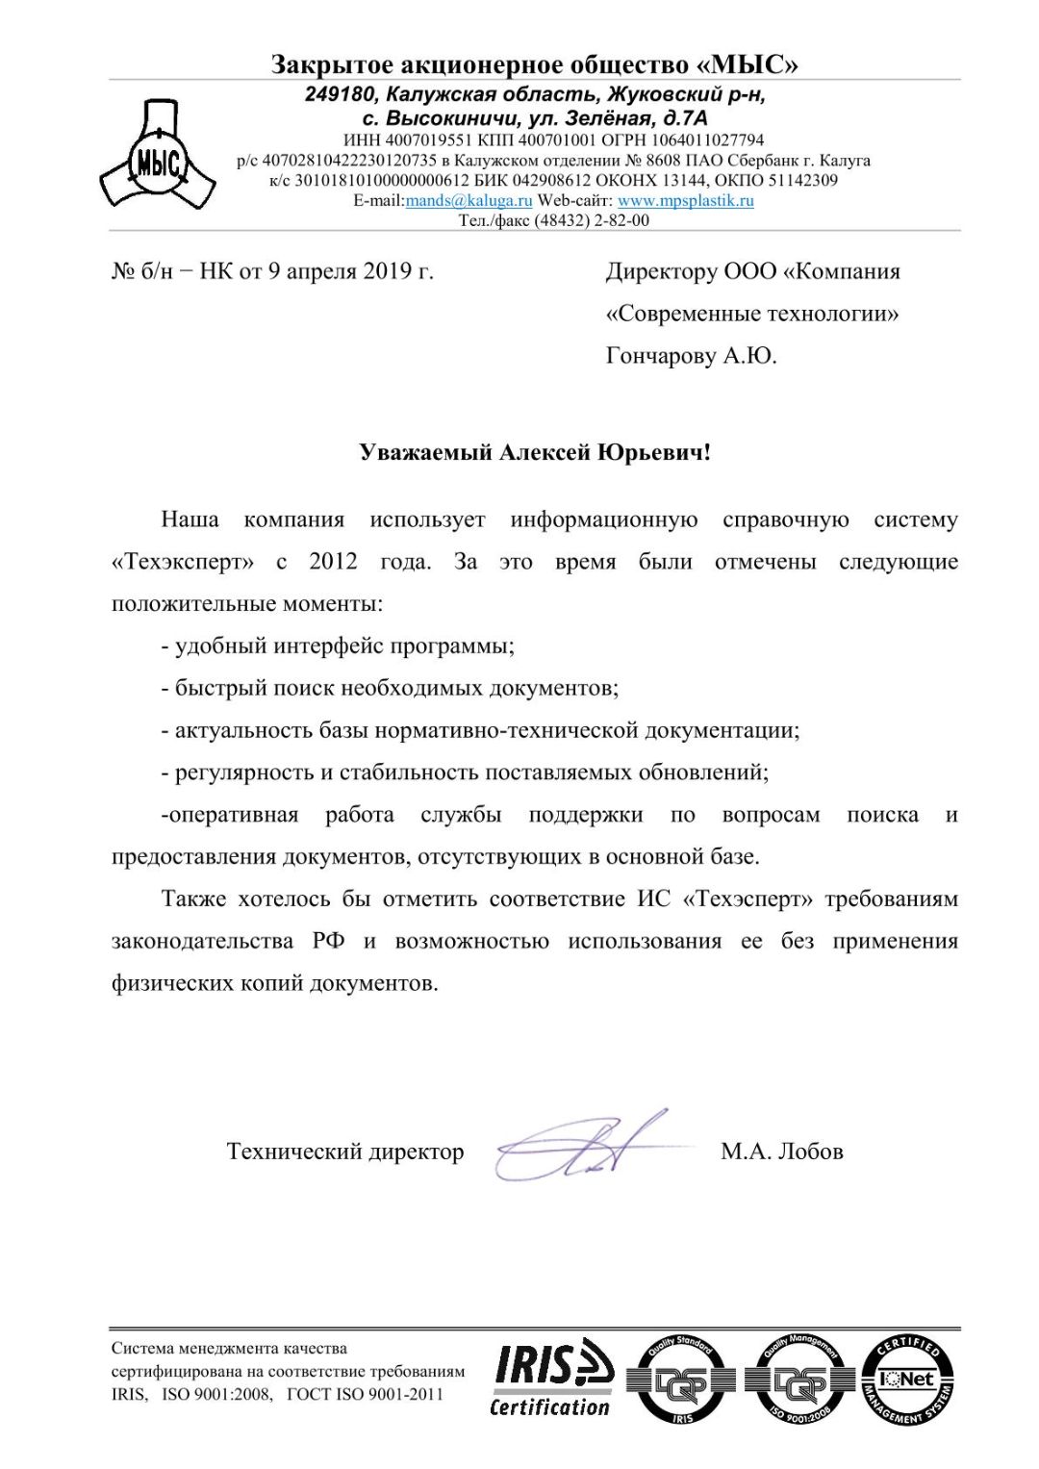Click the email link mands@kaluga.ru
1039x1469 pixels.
pyautogui.click(x=469, y=201)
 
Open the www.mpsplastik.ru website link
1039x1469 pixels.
pyautogui.click(x=685, y=201)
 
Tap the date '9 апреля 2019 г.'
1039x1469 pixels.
pyautogui.click(x=350, y=271)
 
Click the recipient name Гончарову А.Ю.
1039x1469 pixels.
pyautogui.click(x=691, y=356)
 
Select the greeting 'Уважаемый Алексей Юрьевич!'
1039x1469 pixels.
pyautogui.click(x=535, y=452)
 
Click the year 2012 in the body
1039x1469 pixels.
pyautogui.click(x=333, y=562)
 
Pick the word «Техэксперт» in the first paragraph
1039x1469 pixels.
pyautogui.click(x=183, y=562)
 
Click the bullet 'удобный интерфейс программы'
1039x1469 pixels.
pyautogui.click(x=343, y=646)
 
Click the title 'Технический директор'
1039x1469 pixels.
pyautogui.click(x=344, y=1152)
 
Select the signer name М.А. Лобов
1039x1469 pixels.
pyautogui.click(x=781, y=1152)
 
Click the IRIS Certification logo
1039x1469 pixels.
pyautogui.click(x=552, y=1378)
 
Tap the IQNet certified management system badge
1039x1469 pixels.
pyautogui.click(x=907, y=1380)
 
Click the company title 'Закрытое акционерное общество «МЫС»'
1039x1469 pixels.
pyautogui.click(x=534, y=64)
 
